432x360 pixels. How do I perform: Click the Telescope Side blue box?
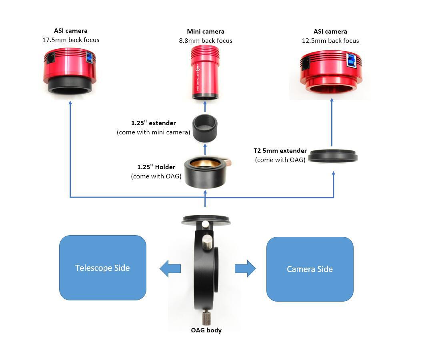pos(102,268)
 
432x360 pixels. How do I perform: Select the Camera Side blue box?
pos(310,269)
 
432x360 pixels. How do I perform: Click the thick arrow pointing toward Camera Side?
pos(245,268)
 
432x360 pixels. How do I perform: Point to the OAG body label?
pos(206,330)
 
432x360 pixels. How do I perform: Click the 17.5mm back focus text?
pos(71,40)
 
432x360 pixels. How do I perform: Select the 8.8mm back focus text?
pos(206,40)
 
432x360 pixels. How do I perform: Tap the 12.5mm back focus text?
pos(330,40)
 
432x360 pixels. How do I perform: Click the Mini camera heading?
pos(206,31)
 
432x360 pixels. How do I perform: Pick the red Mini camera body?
pos(205,72)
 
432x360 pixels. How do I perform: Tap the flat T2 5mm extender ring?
pos(333,155)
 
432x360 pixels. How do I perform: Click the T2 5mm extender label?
pos(280,151)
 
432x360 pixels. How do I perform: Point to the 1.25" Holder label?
pos(156,167)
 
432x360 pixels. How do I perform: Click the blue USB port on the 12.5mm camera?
pos(352,60)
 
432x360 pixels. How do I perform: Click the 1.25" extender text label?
pos(154,123)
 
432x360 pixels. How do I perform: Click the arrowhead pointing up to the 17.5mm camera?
pos(70,103)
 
